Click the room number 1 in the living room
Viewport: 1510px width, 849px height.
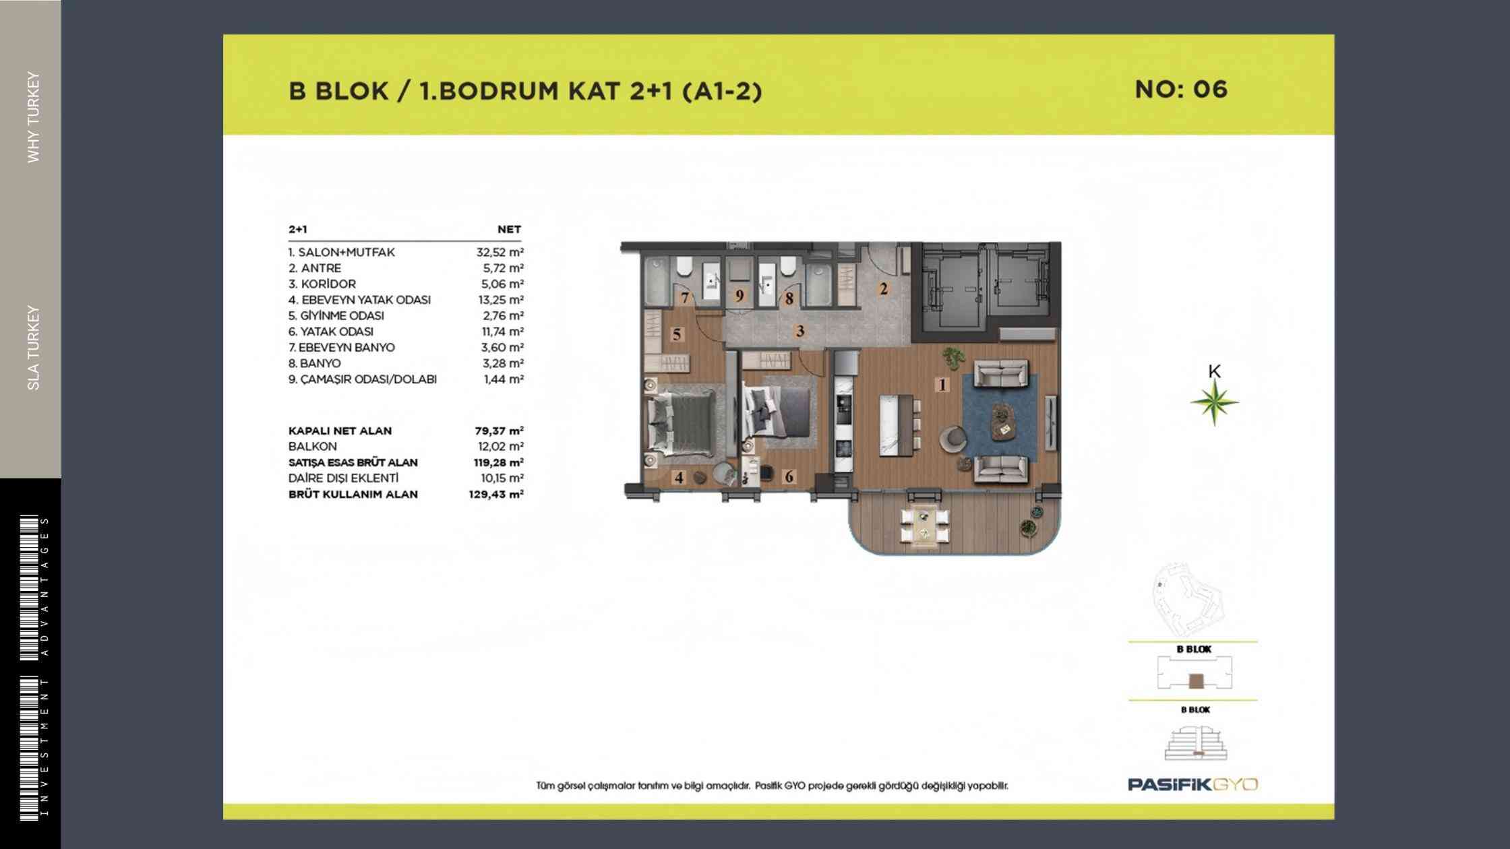[942, 385]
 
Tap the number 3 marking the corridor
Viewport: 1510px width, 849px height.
[800, 331]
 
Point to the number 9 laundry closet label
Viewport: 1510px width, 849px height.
[739, 296]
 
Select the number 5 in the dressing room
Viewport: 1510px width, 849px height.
[677, 334]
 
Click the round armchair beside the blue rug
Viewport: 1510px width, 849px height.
[953, 439]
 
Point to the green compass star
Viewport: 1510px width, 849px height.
[1214, 403]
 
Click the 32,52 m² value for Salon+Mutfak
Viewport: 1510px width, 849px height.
[500, 253]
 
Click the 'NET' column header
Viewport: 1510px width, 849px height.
[509, 229]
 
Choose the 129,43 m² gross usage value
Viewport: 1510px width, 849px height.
[497, 495]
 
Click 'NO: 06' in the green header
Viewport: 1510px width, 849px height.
[1181, 90]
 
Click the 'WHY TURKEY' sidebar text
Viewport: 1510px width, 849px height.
[33, 117]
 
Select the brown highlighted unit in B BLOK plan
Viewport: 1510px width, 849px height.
[1196, 681]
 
